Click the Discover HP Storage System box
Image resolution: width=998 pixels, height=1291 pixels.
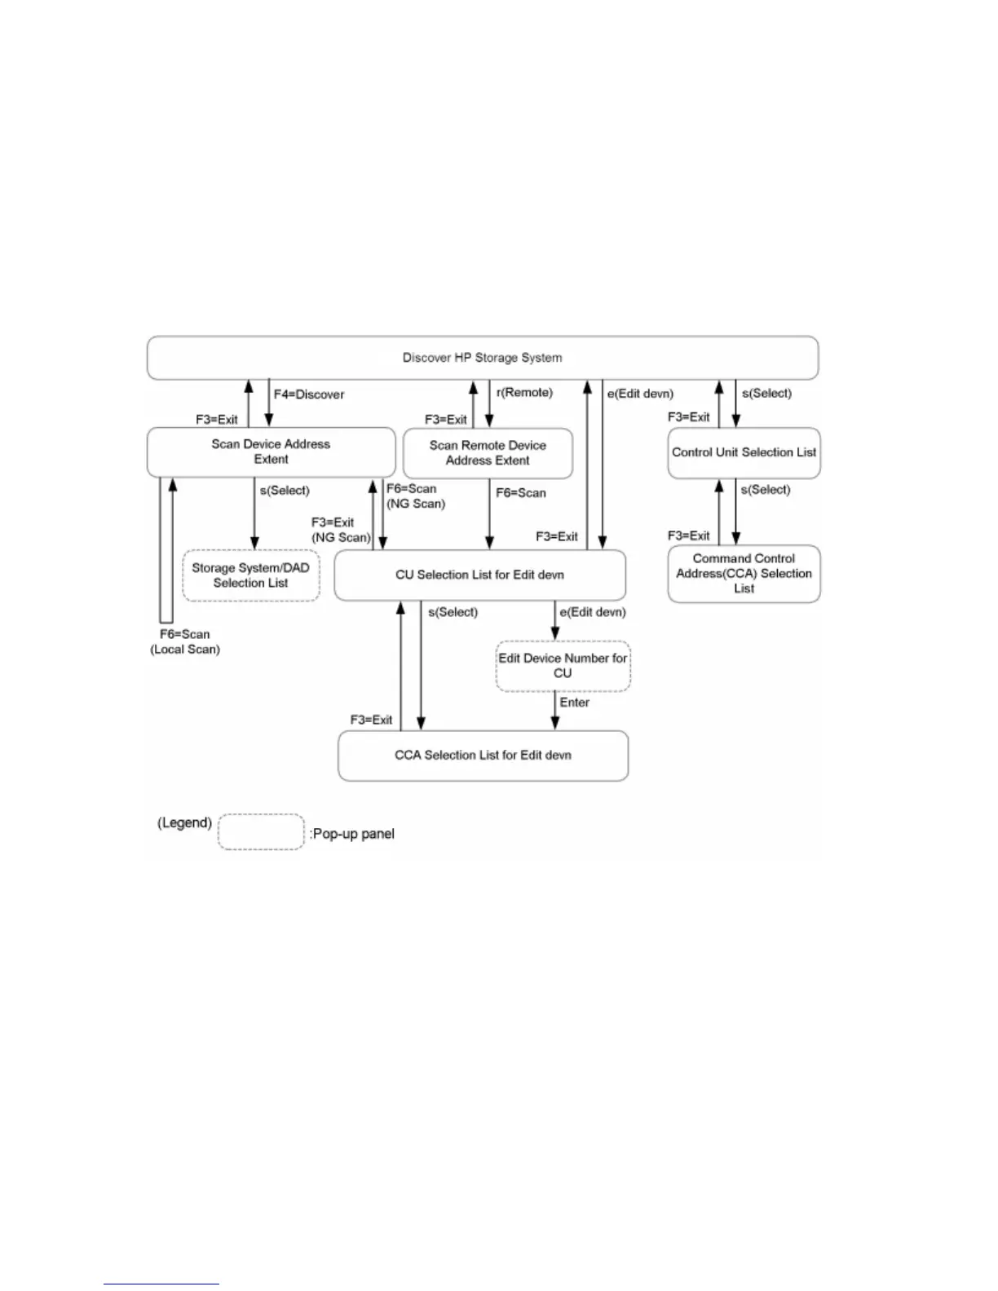click(482, 358)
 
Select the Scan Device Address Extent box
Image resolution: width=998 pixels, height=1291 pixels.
click(271, 452)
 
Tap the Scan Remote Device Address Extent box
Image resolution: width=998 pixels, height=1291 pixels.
click(488, 453)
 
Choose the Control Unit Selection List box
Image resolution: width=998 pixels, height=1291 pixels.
click(744, 452)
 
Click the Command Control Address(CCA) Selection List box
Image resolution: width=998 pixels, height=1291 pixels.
click(744, 573)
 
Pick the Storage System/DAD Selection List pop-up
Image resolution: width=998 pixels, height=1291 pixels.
click(250, 575)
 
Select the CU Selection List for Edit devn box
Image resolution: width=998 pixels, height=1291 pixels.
click(479, 575)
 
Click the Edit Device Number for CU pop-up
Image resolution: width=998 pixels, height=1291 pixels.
click(563, 666)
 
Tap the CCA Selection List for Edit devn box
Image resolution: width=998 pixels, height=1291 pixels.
click(483, 756)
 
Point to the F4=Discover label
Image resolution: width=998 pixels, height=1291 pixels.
click(309, 394)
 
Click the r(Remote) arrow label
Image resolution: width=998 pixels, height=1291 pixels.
click(524, 393)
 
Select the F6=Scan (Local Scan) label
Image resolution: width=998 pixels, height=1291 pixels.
click(185, 642)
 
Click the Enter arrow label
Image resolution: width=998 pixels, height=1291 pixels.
click(575, 703)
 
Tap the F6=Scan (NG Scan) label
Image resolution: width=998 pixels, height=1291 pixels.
click(416, 496)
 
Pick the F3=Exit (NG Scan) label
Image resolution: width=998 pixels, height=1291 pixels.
click(340, 530)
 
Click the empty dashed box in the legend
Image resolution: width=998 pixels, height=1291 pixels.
click(261, 832)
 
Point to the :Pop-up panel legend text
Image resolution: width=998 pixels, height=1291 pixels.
click(352, 834)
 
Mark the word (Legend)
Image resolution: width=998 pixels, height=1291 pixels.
click(184, 822)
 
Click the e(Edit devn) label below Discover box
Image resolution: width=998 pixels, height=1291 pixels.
click(640, 394)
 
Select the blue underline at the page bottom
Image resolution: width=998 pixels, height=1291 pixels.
click(161, 1284)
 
